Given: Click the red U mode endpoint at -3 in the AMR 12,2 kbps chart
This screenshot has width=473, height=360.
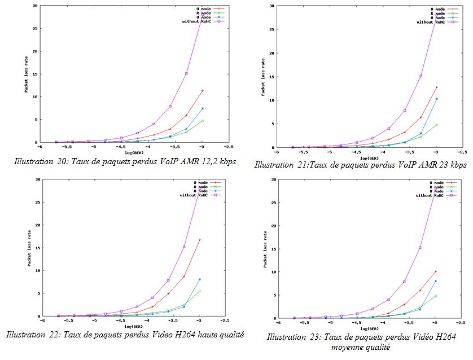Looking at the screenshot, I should click(x=202, y=90).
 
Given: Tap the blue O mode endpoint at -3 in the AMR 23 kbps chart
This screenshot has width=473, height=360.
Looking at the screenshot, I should click(x=436, y=99).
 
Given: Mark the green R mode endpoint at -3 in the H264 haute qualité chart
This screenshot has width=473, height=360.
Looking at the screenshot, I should click(x=200, y=291).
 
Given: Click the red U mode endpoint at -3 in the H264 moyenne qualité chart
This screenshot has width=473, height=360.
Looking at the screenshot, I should click(x=435, y=271).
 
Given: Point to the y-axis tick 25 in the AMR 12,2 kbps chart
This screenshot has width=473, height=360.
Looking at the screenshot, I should click(x=36, y=28).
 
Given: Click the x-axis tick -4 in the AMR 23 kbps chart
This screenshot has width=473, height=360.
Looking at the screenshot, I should click(x=383, y=152).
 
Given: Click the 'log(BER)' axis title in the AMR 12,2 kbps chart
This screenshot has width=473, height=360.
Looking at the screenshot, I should click(x=133, y=152).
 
